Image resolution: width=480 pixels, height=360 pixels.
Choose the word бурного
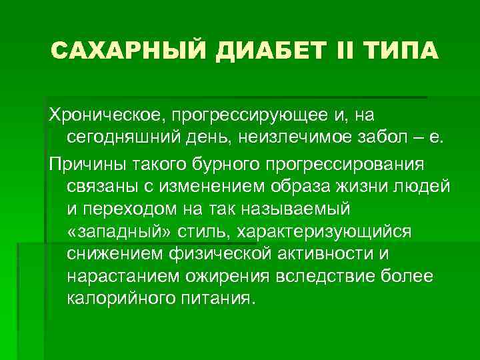point(223,163)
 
